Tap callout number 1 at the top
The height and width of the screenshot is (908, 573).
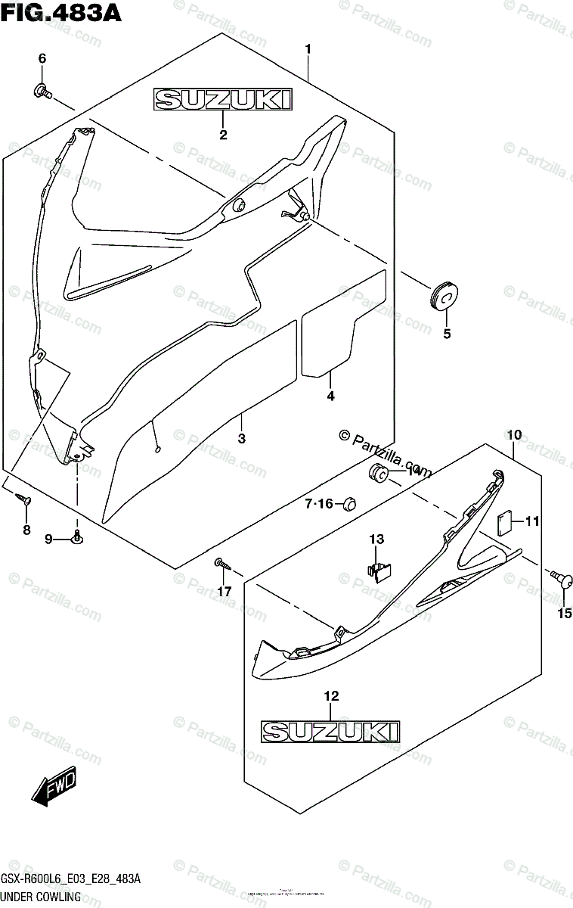308,49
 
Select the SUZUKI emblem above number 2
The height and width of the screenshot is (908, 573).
223,99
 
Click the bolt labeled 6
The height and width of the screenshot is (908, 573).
42,92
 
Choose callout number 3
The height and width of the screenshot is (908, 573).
241,438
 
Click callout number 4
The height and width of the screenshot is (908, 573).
330,395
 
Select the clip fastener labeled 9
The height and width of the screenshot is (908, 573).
77,538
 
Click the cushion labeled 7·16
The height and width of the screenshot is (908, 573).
348,503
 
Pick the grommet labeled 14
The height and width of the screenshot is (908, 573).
379,474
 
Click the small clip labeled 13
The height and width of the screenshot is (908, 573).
382,569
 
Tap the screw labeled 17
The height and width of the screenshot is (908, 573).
220,563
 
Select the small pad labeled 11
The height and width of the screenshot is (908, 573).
506,521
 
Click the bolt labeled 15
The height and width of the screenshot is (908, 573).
563,580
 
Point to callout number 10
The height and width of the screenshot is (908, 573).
515,435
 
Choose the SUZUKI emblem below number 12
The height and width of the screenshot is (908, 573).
330,730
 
